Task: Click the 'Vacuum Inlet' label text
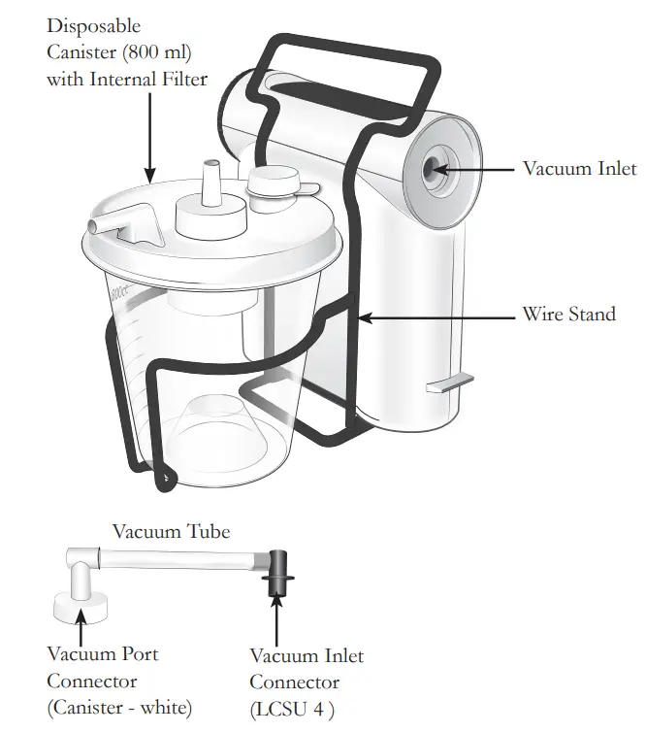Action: (579, 169)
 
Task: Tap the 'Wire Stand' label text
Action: (568, 315)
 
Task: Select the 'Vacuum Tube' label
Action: (172, 531)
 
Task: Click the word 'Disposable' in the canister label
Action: (93, 25)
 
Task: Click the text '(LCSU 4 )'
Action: (292, 709)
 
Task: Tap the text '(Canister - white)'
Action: (118, 707)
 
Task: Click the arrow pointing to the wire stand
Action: (436, 316)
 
